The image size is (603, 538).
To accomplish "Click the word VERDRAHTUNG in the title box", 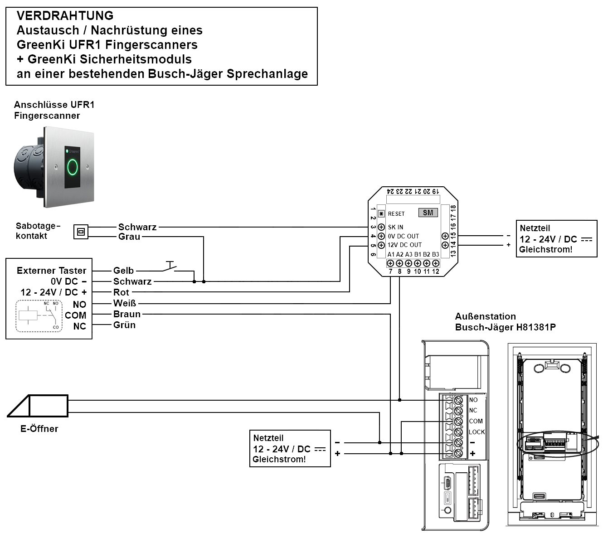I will click(65, 16).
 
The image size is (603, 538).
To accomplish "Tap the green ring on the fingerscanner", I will click(73, 167).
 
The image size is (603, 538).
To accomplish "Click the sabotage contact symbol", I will click(81, 232).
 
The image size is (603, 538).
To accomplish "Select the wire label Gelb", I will click(123, 271).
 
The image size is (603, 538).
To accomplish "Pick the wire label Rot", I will click(121, 292).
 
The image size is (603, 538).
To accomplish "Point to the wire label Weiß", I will click(124, 303).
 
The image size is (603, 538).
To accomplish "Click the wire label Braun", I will click(127, 314).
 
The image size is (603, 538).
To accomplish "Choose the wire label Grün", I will click(124, 325).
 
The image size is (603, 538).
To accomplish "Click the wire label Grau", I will click(129, 237).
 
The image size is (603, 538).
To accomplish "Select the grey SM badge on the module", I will click(428, 213).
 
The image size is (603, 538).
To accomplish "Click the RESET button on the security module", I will click(381, 213).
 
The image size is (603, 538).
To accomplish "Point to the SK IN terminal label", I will click(395, 227).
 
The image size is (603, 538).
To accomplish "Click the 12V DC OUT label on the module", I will click(404, 245).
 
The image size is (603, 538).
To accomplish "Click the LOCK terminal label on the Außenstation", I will click(477, 432).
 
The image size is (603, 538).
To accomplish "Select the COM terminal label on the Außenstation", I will click(476, 421).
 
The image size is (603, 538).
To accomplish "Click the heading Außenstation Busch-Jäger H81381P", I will click(505, 322).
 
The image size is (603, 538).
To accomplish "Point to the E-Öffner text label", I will click(39, 429).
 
